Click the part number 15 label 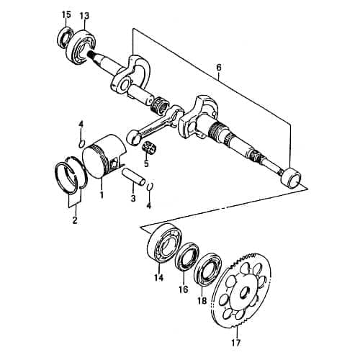pos(66,15)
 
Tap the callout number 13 pos(84,15)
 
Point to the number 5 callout pos(146,163)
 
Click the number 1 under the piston pos(102,194)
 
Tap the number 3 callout pos(132,198)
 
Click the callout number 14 pos(159,276)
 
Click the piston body pos(104,162)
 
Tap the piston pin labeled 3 pos(135,178)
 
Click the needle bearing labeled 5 pos(150,148)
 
